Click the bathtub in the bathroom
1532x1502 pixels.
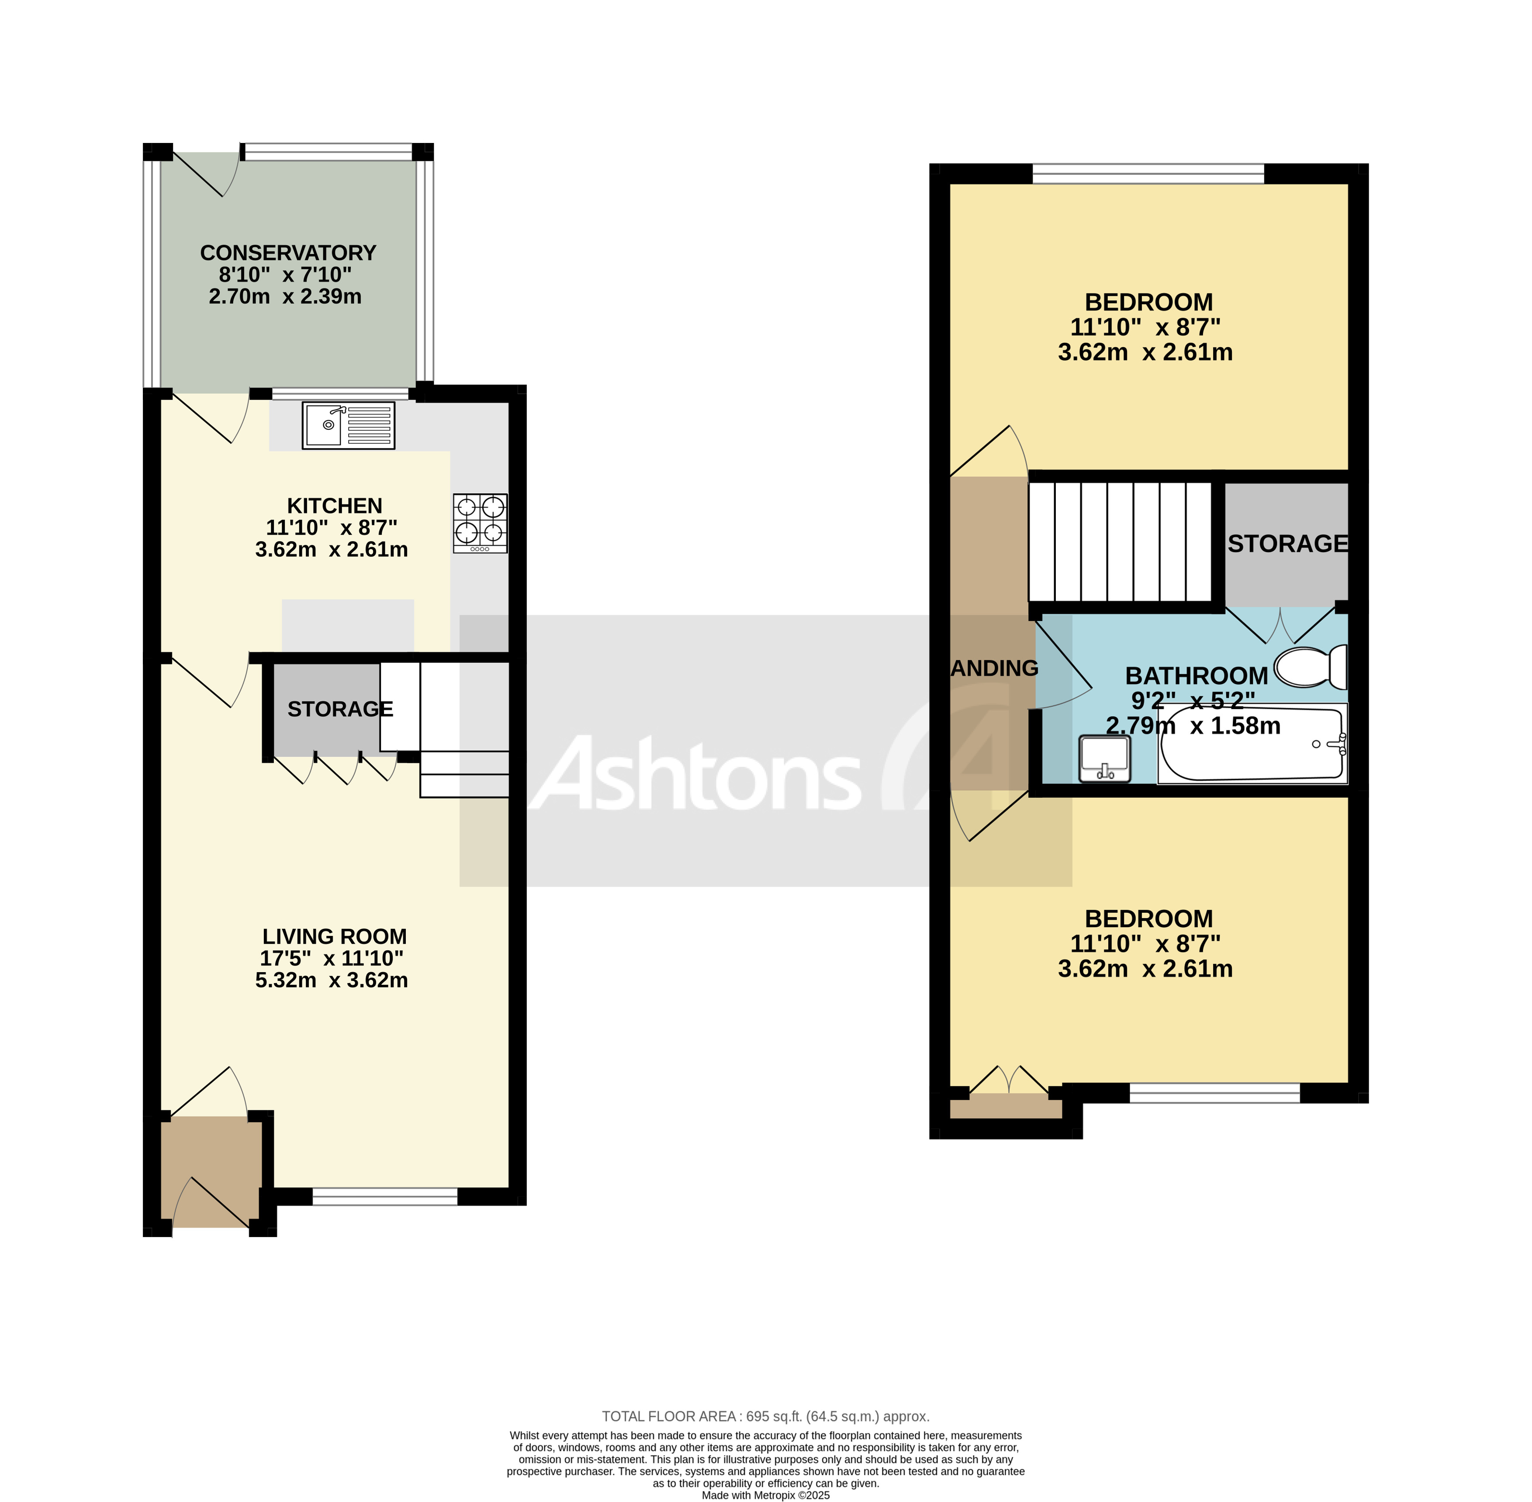1252,744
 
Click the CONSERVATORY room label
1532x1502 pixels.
288,253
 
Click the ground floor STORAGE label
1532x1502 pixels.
340,709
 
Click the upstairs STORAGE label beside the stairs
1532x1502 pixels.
1287,543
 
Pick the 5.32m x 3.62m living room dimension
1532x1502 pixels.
331,980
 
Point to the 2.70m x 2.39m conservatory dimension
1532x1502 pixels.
285,297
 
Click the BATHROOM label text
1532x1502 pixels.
1196,676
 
